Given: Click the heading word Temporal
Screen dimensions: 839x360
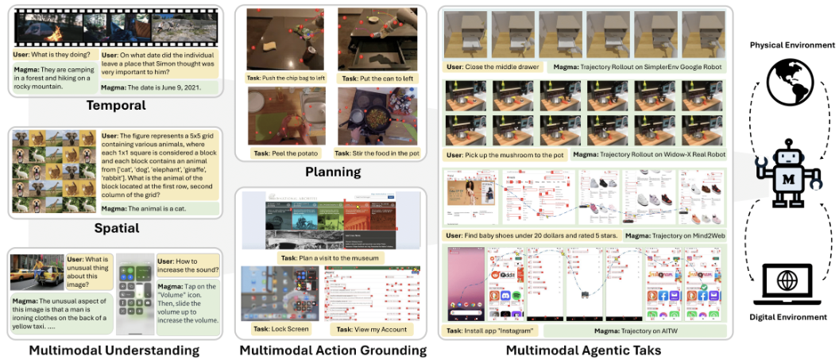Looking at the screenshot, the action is tap(116, 105).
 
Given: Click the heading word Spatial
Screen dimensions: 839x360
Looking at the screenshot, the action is tap(117, 228).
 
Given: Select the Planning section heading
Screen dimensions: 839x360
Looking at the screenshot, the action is tap(333, 172).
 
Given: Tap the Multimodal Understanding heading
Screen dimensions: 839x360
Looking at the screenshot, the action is tap(114, 350).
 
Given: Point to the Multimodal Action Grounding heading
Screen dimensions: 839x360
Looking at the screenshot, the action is tap(334, 350).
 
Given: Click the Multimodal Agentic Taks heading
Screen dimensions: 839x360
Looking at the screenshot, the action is tap(584, 350).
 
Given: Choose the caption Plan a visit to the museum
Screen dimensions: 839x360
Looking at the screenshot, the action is tap(331, 257).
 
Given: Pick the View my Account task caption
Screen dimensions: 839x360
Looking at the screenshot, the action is tap(371, 329).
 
